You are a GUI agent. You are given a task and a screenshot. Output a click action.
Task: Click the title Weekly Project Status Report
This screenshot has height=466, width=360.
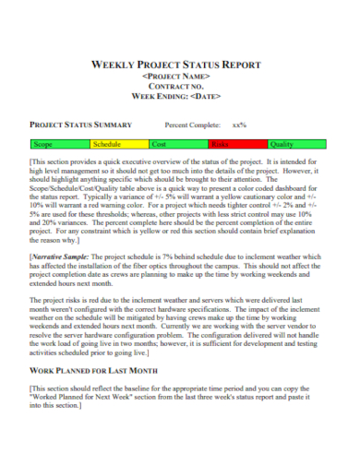tap(179, 65)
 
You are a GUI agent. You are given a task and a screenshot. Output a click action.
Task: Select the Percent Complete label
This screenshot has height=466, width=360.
tap(193, 124)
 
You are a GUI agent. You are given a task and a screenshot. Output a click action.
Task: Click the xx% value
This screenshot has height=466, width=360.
tap(239, 124)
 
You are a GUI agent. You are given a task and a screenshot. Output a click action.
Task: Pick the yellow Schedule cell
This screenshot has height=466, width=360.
tap(118, 145)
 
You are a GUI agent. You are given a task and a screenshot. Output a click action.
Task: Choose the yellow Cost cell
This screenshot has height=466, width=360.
tap(177, 145)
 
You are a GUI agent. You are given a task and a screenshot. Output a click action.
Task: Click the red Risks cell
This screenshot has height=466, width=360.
tap(236, 145)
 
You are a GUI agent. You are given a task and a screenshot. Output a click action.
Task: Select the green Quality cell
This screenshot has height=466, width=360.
tap(296, 145)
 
